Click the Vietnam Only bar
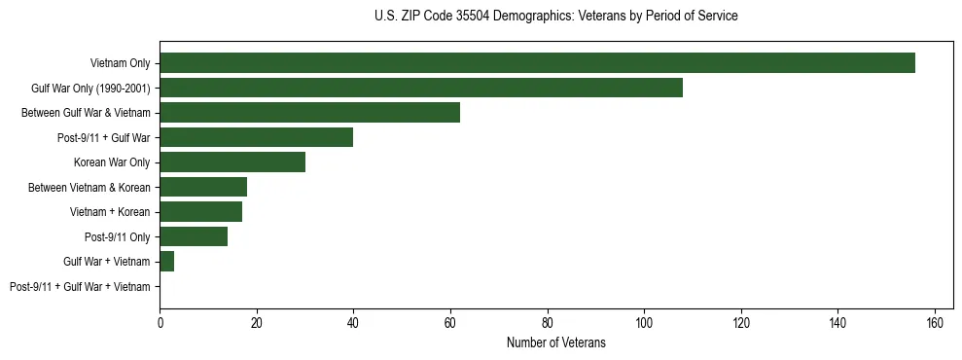tap(537, 63)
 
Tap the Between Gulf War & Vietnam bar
tap(309, 113)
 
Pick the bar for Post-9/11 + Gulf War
tap(256, 137)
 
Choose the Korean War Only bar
tap(232, 162)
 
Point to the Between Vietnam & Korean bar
tap(203, 187)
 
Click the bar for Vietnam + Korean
tap(200, 212)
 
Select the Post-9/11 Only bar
tap(194, 236)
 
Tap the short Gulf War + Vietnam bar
tap(166, 262)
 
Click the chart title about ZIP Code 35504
tap(555, 17)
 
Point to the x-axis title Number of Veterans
tap(555, 342)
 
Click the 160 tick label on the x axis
tap(935, 322)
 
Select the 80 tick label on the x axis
tap(548, 322)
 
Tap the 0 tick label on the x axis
tap(160, 322)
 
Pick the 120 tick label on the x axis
tap(741, 322)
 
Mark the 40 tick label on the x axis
tap(353, 322)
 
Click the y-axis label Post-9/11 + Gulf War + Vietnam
tap(80, 287)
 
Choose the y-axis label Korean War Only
tap(112, 162)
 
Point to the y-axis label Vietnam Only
tap(121, 63)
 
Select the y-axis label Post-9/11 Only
tap(118, 237)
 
